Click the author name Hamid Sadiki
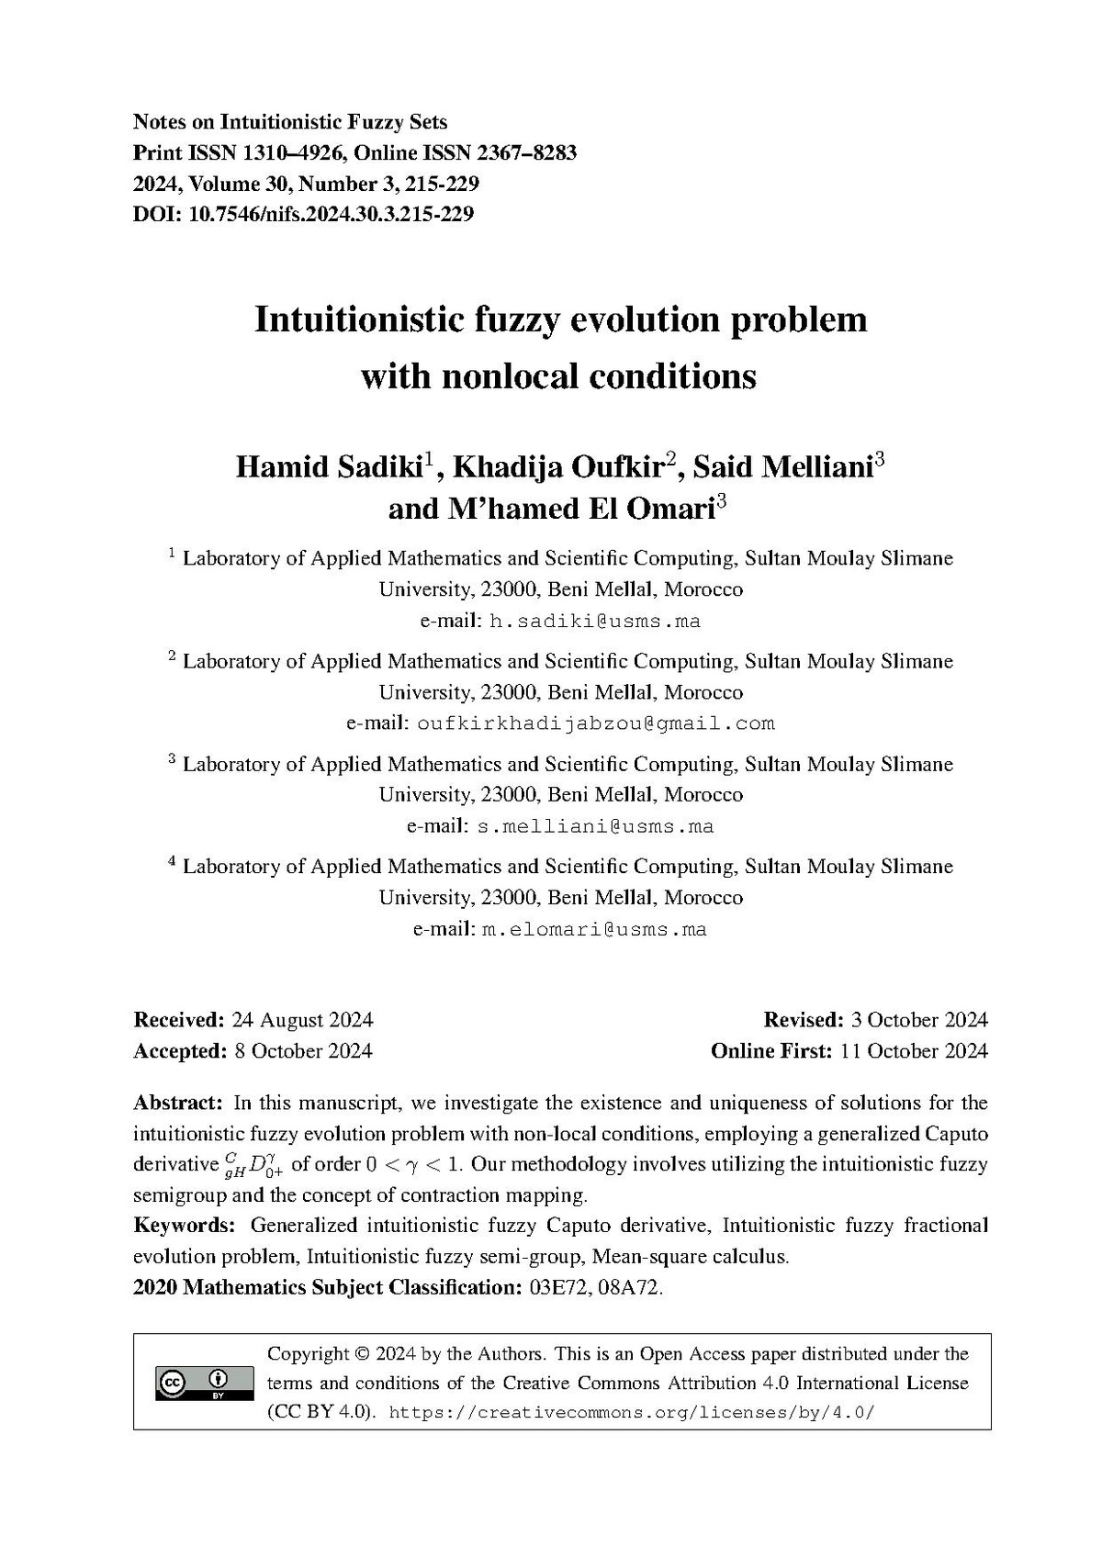(328, 467)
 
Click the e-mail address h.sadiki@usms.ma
(595, 622)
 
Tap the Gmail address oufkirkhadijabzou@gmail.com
(595, 723)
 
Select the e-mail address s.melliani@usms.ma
(595, 826)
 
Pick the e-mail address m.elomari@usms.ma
(594, 929)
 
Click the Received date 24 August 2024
(302, 1020)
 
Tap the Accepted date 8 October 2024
(302, 1051)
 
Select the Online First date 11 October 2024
(914, 1051)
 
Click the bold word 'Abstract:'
(178, 1103)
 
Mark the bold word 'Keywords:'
(184, 1226)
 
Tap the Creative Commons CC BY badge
(205, 1384)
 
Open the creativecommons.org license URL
(633, 1413)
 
